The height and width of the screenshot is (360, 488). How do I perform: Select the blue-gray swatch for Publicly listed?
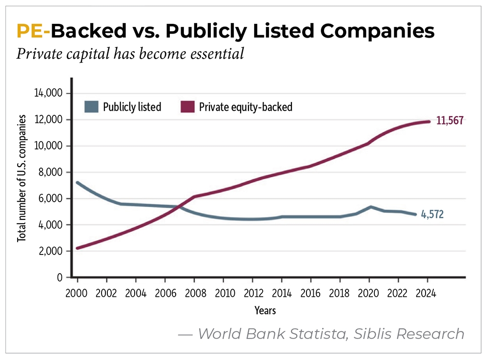pyautogui.click(x=91, y=106)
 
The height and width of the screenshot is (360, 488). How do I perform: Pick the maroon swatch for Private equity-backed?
pyautogui.click(x=188, y=106)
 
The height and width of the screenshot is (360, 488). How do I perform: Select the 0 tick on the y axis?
pyautogui.click(x=60, y=277)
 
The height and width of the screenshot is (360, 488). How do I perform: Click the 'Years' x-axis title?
pyautogui.click(x=265, y=310)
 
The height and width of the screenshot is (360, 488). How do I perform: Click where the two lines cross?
pyautogui.click(x=180, y=207)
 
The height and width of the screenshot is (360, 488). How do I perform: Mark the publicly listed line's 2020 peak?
pyautogui.click(x=370, y=207)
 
